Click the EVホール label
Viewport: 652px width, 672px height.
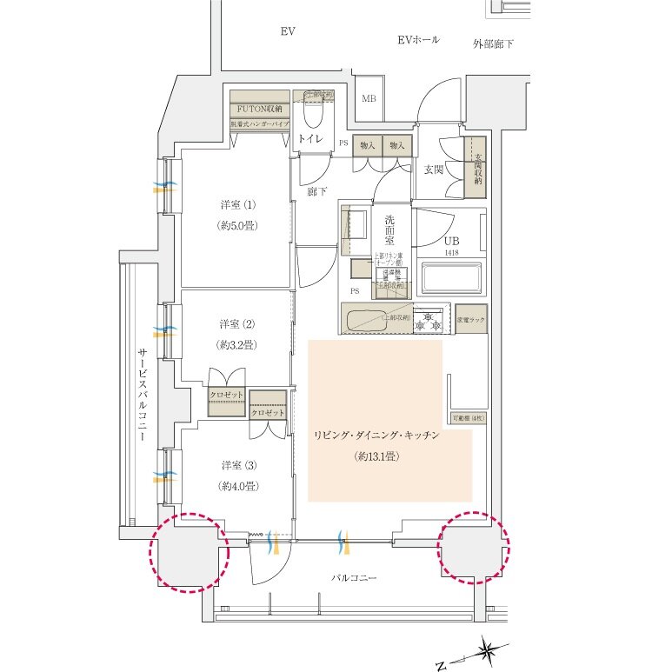pos(418,40)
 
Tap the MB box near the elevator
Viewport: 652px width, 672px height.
pos(369,99)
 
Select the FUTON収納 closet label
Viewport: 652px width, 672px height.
pos(258,109)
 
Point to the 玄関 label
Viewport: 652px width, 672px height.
pos(434,170)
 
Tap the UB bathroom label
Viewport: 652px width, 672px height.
pos(451,241)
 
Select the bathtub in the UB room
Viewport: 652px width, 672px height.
pos(450,279)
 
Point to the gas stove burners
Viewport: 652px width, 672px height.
pos(428,320)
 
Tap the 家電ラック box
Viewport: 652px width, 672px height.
pos(470,319)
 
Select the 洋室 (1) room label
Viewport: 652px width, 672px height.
pos(237,206)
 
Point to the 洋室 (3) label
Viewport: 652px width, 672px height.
pos(237,464)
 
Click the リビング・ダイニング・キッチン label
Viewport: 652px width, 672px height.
pos(376,436)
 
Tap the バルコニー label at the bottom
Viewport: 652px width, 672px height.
pos(354,577)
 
